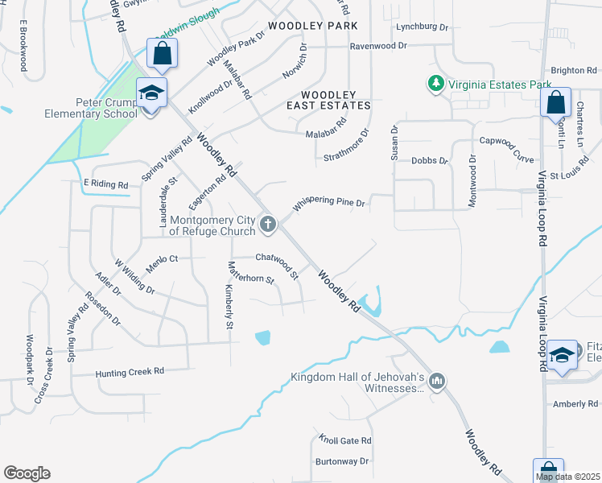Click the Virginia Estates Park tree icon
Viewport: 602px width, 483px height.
tap(435, 84)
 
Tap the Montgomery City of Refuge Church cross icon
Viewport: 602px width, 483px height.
tap(267, 224)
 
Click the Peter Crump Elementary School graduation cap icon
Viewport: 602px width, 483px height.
tap(151, 95)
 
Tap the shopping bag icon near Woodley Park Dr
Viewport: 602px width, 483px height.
tap(162, 54)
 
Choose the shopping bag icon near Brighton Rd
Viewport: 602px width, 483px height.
tap(555, 102)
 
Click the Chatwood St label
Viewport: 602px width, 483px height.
tap(278, 258)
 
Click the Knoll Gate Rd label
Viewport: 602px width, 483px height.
tap(344, 440)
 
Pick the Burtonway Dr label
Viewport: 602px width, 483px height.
tap(342, 461)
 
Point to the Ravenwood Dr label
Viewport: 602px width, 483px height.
tap(378, 47)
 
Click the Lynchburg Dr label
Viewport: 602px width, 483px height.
tap(422, 27)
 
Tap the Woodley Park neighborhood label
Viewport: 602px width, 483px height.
tap(313, 27)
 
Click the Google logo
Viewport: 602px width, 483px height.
tap(27, 473)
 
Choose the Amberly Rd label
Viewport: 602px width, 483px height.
tap(570, 403)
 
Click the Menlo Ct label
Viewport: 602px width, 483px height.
tap(161, 258)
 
